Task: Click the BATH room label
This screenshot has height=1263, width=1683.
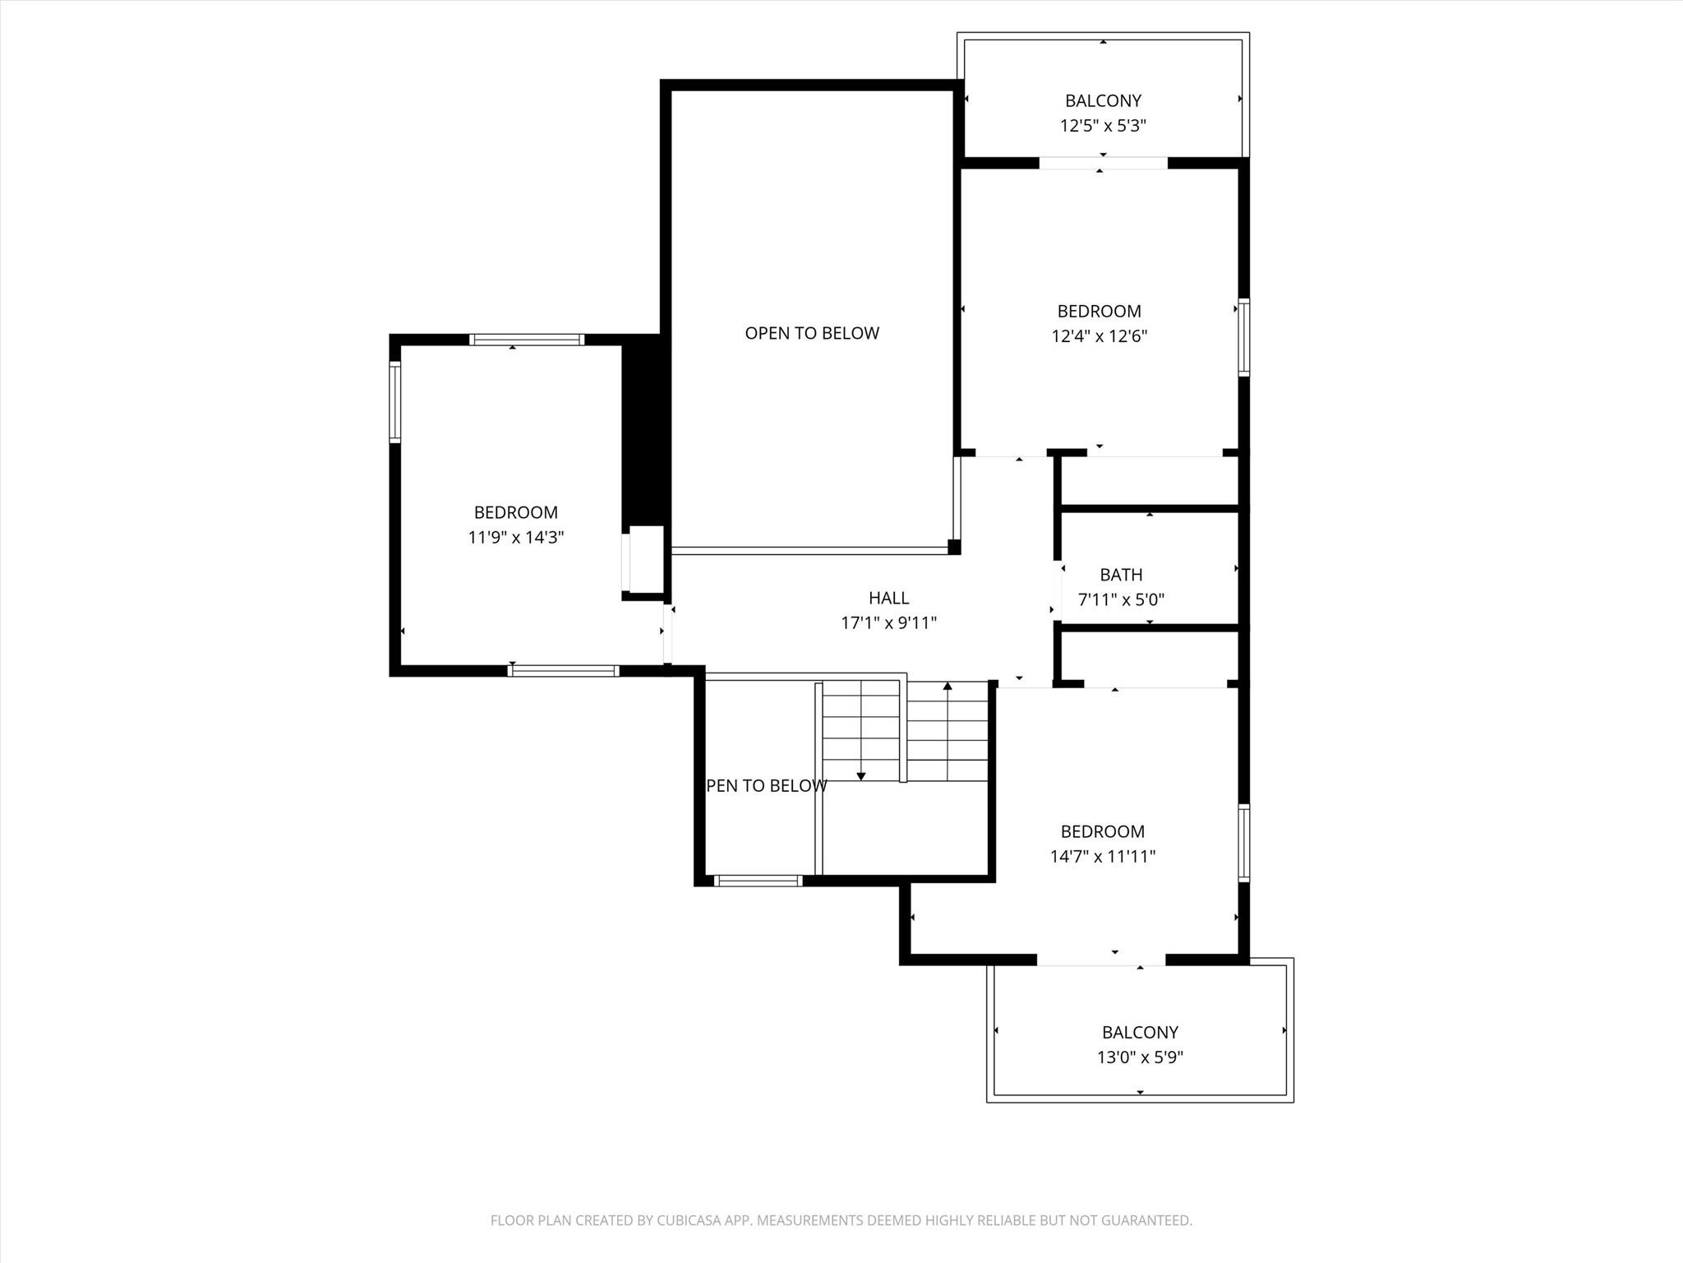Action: point(1121,575)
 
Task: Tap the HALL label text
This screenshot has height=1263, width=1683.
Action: point(888,598)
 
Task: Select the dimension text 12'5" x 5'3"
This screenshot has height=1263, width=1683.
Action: point(1103,126)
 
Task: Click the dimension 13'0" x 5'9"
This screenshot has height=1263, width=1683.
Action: point(1140,1057)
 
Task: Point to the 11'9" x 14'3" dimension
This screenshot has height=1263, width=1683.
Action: point(515,538)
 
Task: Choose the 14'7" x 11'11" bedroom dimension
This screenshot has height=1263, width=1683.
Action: point(1102,856)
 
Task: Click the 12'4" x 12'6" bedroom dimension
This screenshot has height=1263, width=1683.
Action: point(1099,336)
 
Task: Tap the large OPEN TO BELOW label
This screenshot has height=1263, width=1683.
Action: point(812,333)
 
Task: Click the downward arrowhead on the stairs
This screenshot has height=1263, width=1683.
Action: point(861,775)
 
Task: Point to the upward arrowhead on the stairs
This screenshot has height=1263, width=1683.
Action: point(948,686)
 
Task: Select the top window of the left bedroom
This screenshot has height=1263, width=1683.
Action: point(527,340)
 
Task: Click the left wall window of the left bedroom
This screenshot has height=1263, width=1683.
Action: point(394,402)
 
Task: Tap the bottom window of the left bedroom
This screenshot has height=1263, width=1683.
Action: point(563,671)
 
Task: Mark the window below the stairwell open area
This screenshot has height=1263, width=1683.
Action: point(758,881)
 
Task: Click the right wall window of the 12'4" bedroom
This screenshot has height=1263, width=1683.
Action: point(1244,337)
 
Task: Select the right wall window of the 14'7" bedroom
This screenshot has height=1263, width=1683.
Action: point(1244,843)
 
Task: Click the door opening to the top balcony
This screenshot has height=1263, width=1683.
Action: point(1103,164)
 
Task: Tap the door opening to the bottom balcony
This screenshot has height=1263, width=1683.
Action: point(1100,960)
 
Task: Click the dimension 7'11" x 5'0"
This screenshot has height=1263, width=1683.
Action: point(1121,600)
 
